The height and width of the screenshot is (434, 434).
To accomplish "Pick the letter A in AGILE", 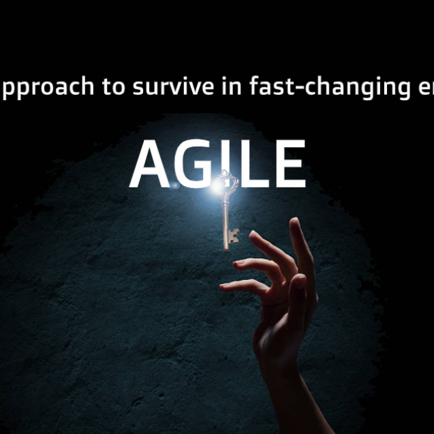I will coord(149,166).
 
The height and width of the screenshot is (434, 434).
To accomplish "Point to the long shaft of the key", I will coord(225,218).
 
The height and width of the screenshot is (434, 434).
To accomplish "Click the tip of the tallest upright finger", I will coord(295,223).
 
